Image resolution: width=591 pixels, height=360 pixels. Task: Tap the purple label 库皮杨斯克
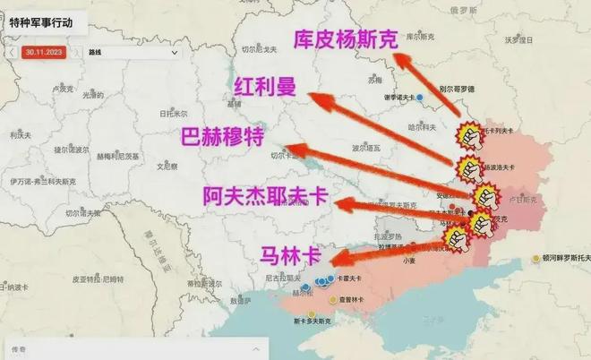[x=345, y=40]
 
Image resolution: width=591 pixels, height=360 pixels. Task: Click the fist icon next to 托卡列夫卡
[x=467, y=134]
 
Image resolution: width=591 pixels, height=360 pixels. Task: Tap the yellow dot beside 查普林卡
[x=334, y=300]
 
